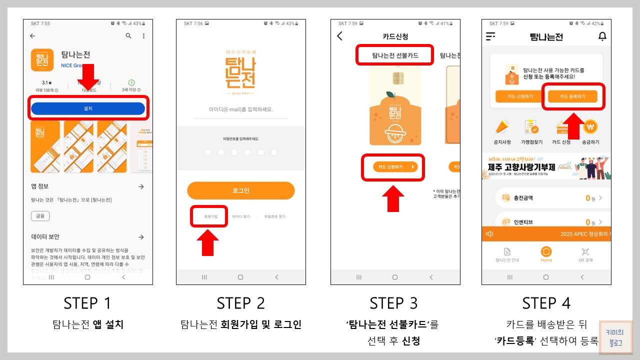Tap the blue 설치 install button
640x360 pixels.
point(88,108)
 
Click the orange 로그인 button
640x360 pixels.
point(240,190)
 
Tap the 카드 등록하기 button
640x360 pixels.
point(572,96)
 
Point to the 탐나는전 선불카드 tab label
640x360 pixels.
point(395,55)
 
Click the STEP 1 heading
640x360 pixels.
point(87,303)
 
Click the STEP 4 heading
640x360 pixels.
point(546,303)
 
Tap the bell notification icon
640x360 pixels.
point(602,36)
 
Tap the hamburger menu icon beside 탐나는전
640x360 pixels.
point(490,36)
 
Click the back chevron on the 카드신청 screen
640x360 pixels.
point(340,36)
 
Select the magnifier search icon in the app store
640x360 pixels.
point(128,36)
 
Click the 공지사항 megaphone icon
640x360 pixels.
point(502,127)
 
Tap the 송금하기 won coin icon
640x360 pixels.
point(590,127)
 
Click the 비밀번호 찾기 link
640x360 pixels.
point(274,216)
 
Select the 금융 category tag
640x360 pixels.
point(40,216)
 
